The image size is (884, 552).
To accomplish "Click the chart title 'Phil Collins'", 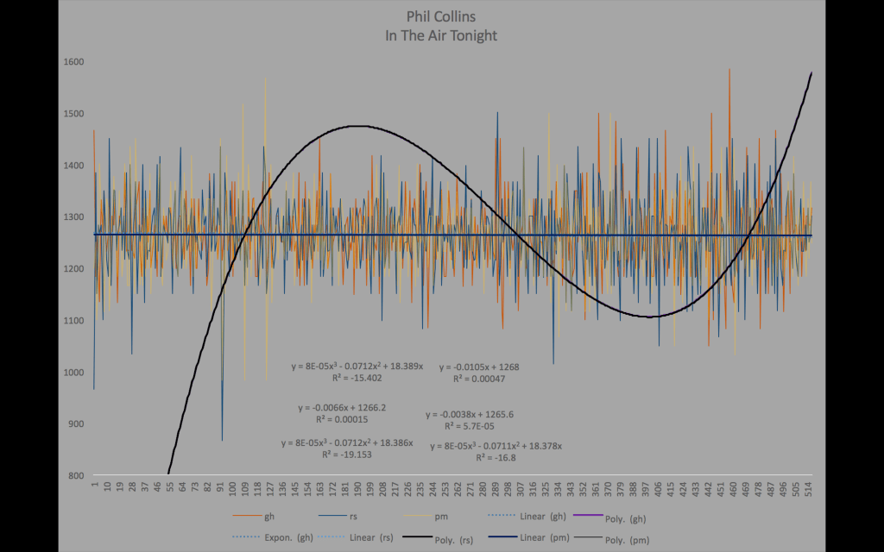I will coord(440,16).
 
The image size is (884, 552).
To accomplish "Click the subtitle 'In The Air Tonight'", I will coord(440,36).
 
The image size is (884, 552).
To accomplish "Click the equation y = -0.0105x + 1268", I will coord(479,367).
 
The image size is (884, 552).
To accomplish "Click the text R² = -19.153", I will coord(347,455).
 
